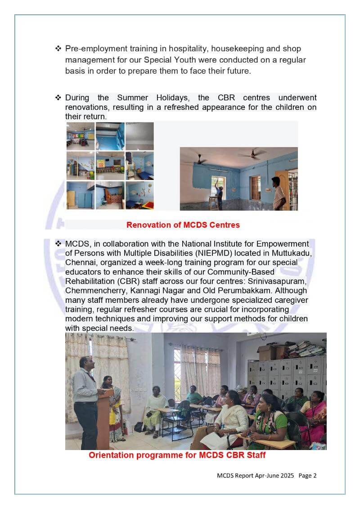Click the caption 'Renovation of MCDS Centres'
point(183,225)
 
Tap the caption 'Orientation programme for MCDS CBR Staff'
point(177,455)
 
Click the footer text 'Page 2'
point(307,475)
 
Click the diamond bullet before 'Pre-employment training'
point(58,48)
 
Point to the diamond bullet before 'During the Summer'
point(58,98)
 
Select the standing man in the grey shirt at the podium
point(85,396)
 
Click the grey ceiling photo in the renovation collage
point(139,136)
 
